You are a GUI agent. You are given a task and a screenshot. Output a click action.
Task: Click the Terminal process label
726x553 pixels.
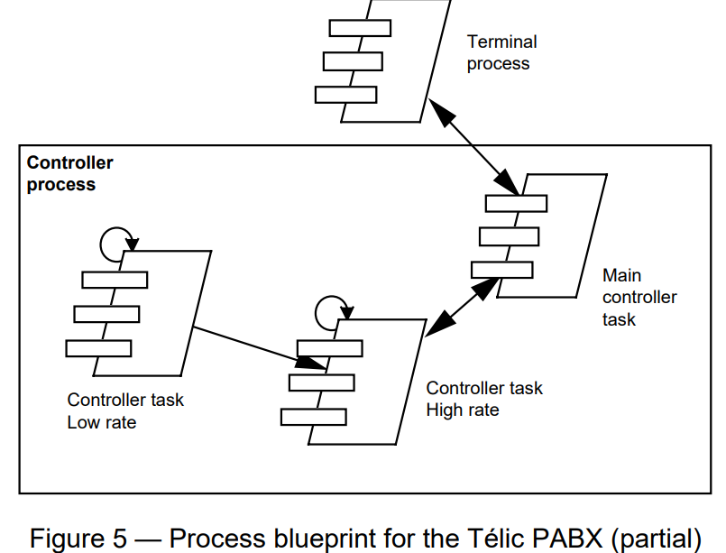click(501, 52)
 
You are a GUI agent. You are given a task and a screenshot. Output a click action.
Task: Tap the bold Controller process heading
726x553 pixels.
click(69, 174)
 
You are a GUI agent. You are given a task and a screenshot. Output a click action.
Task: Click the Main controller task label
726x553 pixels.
click(639, 297)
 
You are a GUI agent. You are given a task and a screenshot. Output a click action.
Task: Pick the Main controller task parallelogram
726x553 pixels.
click(564, 235)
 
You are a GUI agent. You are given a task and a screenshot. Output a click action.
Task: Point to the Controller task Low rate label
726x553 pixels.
click(124, 410)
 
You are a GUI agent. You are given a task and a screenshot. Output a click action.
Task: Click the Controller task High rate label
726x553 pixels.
click(484, 399)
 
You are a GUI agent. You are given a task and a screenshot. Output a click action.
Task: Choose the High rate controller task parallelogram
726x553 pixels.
click(379, 379)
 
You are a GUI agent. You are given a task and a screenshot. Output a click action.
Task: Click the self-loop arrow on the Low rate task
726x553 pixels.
click(115, 240)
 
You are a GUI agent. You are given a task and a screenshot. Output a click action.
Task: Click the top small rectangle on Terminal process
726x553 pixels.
click(359, 28)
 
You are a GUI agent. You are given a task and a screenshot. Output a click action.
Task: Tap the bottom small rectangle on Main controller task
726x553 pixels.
click(501, 269)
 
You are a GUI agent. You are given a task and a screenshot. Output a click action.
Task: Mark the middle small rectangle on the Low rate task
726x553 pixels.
click(106, 314)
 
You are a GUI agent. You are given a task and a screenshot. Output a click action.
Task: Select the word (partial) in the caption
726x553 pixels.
click(655, 539)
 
